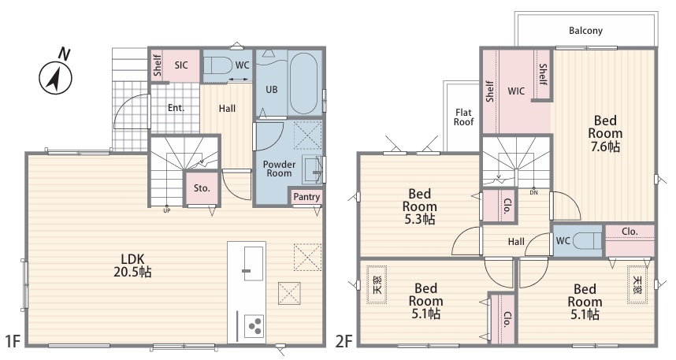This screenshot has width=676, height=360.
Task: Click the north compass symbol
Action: click(x=56, y=73)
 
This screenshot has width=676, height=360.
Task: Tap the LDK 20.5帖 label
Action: click(x=132, y=265)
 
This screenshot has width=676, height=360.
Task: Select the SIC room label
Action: click(x=181, y=65)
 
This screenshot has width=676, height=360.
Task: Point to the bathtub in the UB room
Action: click(x=303, y=84)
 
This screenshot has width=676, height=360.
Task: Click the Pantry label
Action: click(x=306, y=197)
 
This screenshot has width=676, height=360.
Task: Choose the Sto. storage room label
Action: click(x=202, y=188)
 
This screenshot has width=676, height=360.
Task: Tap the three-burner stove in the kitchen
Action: click(x=254, y=325)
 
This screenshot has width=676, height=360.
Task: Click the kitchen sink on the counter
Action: click(x=254, y=263)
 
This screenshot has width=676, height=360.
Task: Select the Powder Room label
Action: click(x=279, y=169)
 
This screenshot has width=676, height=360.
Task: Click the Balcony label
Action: click(x=585, y=31)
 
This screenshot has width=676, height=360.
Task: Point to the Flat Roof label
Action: click(x=463, y=117)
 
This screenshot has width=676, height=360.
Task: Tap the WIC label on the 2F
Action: click(x=516, y=91)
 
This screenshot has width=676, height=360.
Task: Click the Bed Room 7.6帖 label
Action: click(x=605, y=133)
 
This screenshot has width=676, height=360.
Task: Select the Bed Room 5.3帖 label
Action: click(x=419, y=206)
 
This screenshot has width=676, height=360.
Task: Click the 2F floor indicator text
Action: click(x=344, y=341)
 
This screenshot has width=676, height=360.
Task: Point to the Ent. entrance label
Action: click(x=176, y=108)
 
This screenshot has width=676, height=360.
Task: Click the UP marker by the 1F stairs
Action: click(x=167, y=210)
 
